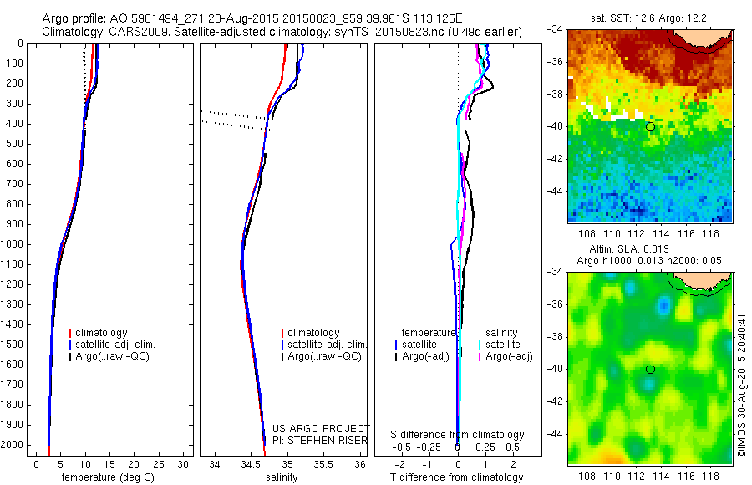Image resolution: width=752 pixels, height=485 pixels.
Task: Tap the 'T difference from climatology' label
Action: [456, 477]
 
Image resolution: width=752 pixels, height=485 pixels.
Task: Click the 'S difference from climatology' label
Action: [457, 435]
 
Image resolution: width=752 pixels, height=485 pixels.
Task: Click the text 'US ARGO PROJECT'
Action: [322, 429]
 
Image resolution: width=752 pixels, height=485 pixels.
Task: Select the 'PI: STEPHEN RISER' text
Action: [322, 441]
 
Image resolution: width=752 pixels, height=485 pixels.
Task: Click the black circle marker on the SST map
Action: [650, 126]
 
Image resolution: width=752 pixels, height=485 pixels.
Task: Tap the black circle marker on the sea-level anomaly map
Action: [650, 369]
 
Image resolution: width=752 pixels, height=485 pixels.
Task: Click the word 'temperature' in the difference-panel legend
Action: [429, 333]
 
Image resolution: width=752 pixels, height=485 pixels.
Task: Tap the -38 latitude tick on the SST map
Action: [557, 94]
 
